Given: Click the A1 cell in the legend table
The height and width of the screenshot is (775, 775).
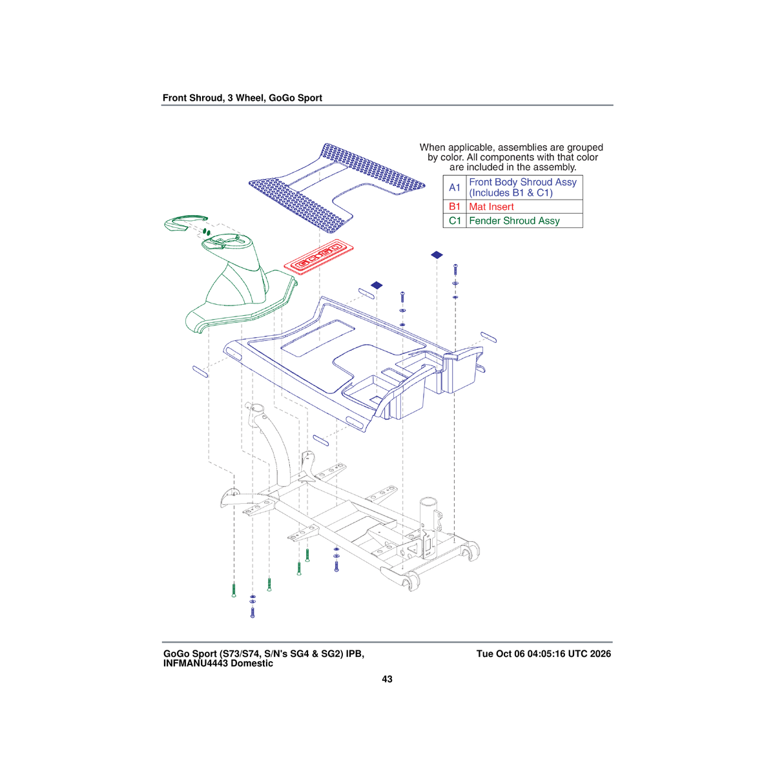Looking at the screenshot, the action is coord(455,187).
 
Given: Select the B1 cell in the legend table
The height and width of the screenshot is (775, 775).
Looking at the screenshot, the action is coord(455,207).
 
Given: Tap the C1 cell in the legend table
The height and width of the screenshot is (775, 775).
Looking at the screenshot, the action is coord(455,221).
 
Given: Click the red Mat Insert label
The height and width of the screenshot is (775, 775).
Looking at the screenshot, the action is coord(491,207).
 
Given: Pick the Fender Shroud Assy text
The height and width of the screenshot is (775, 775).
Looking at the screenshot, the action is coord(514,221).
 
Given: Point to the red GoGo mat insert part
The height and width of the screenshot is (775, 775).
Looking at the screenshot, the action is coord(318,257).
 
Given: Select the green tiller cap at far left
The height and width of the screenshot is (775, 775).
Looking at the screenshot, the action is coord(186,223).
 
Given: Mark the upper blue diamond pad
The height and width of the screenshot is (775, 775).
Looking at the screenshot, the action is coord(437,254).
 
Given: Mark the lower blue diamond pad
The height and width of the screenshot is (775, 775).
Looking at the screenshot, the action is coord(377,285).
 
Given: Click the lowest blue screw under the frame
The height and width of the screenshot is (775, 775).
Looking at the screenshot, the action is coord(253,612).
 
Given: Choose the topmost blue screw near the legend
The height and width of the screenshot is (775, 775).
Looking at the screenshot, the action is coord(455,269).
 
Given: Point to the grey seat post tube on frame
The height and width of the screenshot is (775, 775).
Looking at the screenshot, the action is coord(428,514).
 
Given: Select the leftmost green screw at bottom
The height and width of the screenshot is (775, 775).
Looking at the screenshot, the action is coord(234,590).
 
